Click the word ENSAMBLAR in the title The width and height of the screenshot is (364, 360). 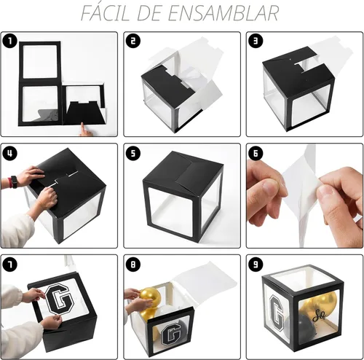[x=223, y=13]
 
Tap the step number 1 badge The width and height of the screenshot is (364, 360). [x=10, y=41]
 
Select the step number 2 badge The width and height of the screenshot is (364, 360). [x=133, y=41]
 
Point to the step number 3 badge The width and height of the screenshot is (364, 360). [x=256, y=41]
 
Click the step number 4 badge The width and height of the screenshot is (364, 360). [x=10, y=153]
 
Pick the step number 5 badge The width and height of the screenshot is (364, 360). [x=133, y=153]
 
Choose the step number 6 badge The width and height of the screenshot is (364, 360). [x=256, y=153]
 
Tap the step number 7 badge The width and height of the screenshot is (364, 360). [x=10, y=265]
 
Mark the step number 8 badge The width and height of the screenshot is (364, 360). [x=133, y=265]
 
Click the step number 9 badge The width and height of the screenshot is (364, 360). [x=256, y=265]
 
